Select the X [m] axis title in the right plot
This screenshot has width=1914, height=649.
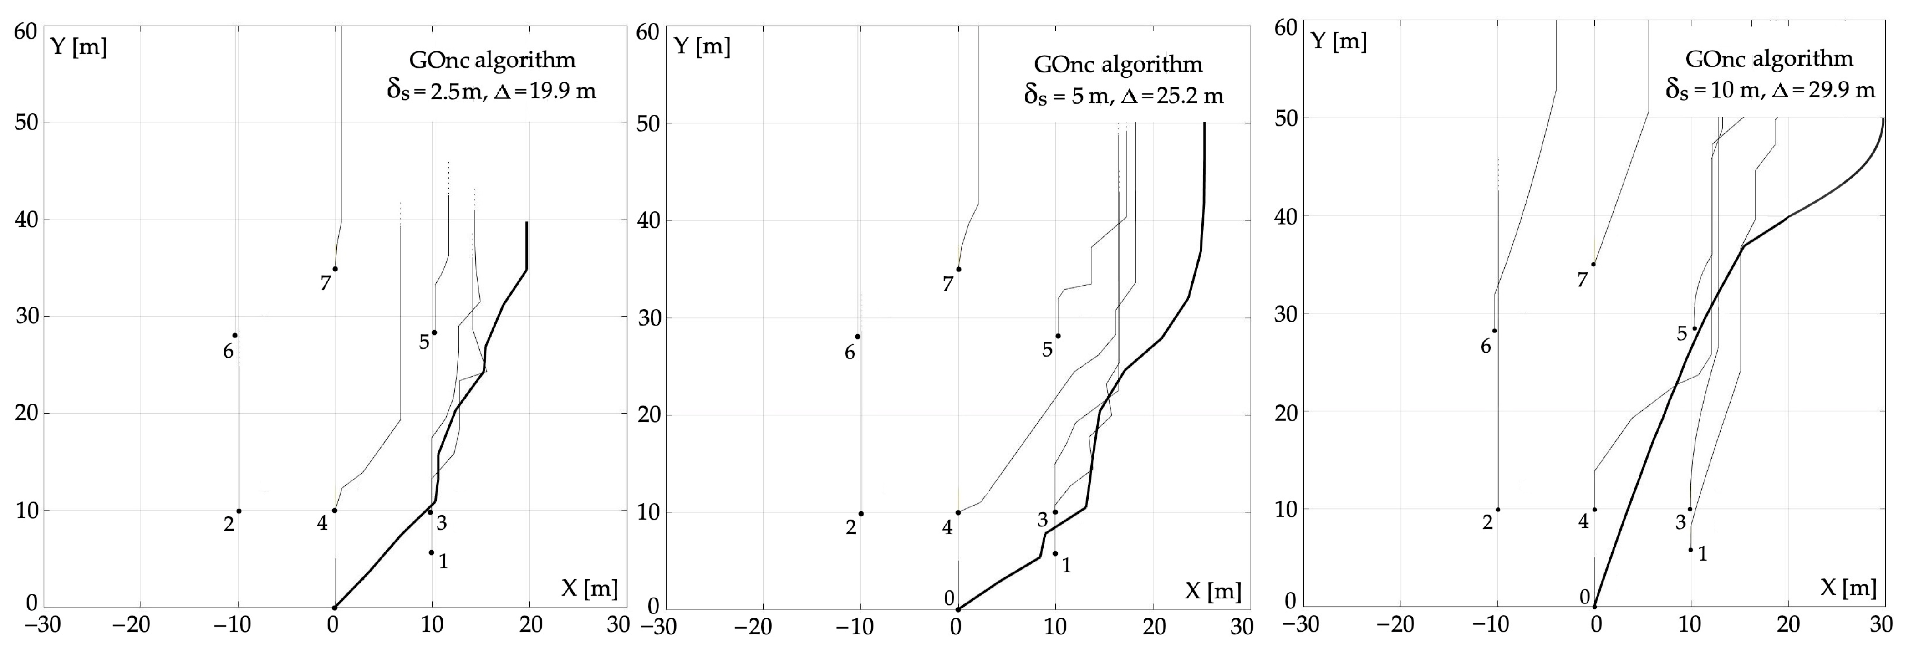click(1848, 588)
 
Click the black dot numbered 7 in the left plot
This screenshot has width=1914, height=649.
click(335, 269)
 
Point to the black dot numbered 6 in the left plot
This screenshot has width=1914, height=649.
click(235, 335)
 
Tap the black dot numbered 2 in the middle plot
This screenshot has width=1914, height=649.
click(861, 514)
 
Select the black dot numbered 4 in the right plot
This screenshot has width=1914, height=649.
click(1594, 510)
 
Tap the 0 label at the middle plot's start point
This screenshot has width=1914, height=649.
click(949, 598)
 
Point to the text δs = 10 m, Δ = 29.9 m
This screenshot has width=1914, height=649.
click(1768, 90)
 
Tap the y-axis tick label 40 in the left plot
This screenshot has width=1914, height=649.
click(27, 220)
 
